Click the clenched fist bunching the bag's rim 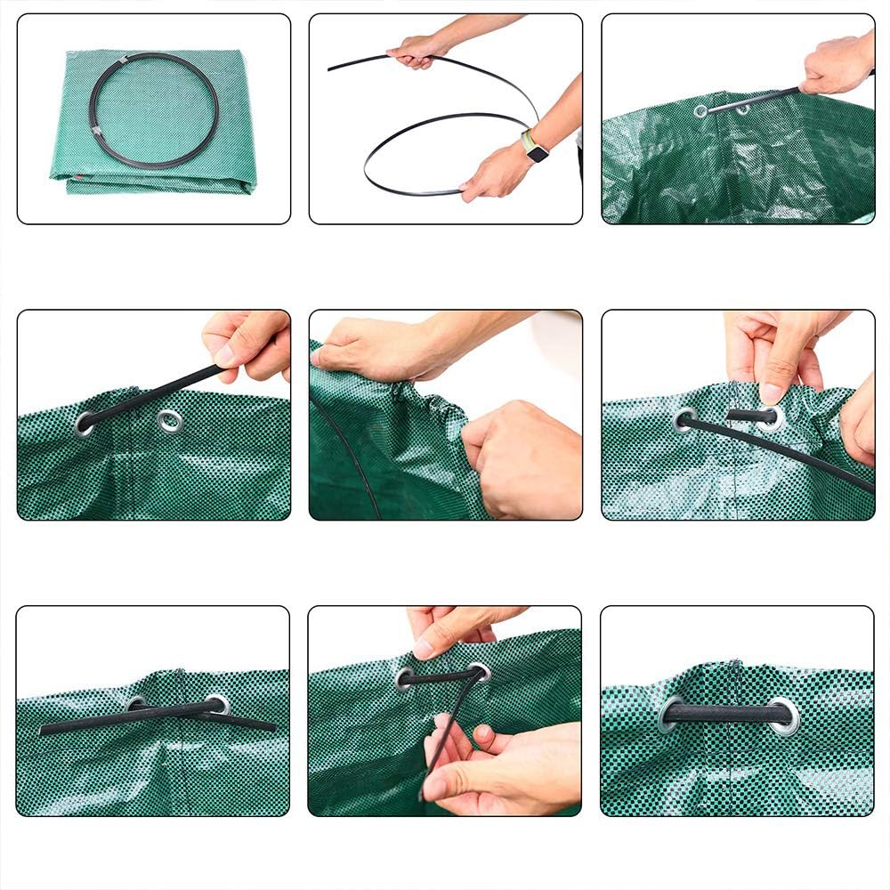coord(516,454)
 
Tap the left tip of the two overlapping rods coord(43,730)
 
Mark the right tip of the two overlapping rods coord(272,726)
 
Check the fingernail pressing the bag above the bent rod coord(424,649)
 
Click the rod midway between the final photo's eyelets coord(728,713)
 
